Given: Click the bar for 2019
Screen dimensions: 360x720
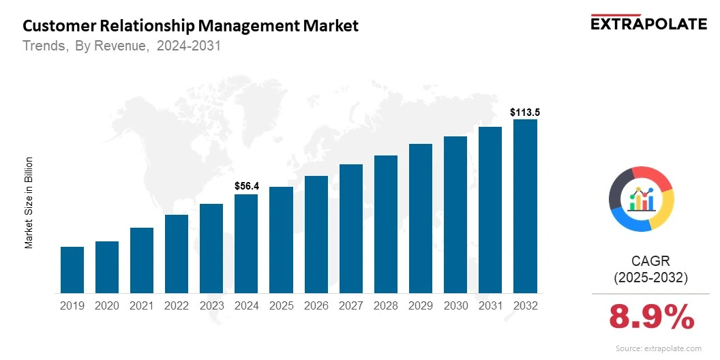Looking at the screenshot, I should click(x=72, y=270).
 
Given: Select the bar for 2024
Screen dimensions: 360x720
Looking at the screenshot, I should click(x=246, y=244).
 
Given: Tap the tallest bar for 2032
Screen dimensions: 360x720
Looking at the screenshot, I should click(x=525, y=207).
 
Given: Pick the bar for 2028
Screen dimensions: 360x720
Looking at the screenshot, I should click(x=386, y=224).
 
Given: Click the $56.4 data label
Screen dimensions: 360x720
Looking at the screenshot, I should click(x=246, y=185).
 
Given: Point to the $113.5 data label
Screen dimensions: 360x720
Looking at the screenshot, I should click(x=525, y=112).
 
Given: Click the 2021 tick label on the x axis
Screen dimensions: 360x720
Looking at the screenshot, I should click(x=142, y=306).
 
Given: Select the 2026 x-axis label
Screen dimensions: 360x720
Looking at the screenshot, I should click(x=316, y=306).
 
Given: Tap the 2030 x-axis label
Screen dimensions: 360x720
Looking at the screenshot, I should click(x=455, y=306).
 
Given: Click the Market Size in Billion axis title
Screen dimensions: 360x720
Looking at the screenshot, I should click(x=29, y=202).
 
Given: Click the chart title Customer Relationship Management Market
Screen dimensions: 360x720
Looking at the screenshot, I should click(x=190, y=27).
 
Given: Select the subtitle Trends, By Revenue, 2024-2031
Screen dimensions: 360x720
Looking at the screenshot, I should click(x=121, y=46).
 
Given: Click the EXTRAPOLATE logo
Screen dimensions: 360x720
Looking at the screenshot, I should click(x=648, y=23).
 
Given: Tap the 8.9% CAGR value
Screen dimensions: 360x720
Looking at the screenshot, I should click(x=651, y=318).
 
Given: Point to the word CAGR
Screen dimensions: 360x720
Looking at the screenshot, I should click(x=651, y=261).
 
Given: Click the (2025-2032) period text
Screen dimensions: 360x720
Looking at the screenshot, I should click(x=651, y=278).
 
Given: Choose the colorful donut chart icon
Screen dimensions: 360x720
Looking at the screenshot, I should click(x=641, y=198).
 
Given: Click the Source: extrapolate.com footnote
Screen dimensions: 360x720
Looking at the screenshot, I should click(x=658, y=348).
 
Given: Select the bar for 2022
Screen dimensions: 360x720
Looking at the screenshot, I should click(x=177, y=254).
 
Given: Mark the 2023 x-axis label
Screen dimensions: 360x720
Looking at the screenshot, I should click(x=211, y=306).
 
